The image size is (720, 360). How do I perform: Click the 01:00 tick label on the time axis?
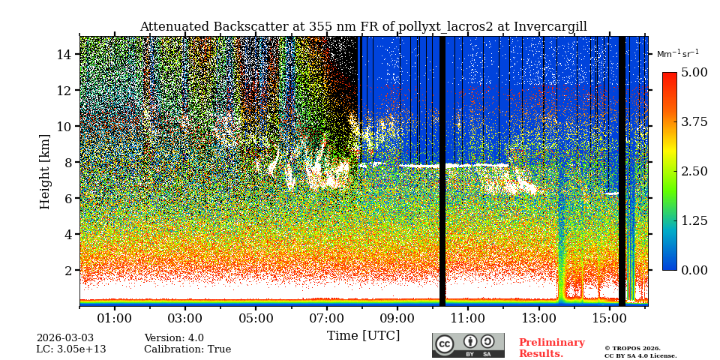pos(115,318)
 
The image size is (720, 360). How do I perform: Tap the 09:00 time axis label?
pos(397,318)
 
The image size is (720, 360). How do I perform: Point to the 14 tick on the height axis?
pos(64,54)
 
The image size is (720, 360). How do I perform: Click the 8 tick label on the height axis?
pos(67,162)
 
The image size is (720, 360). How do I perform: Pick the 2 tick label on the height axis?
pos(67,270)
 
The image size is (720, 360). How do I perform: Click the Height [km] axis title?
pos(45,171)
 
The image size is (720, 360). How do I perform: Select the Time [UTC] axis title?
pos(363,335)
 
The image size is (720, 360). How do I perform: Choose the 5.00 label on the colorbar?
pos(694,72)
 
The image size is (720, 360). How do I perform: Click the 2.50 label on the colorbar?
pos(694,171)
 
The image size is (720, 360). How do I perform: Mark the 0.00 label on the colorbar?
pos(694,270)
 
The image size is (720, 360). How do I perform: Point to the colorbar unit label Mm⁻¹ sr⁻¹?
pos(677,53)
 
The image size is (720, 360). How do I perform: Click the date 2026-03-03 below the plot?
pos(65,338)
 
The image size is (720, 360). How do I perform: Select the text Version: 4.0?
pos(174,338)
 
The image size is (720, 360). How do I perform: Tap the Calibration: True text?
pos(187,349)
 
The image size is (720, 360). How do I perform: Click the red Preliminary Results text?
pos(551,348)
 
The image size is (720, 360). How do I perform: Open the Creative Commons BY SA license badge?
pos(468,345)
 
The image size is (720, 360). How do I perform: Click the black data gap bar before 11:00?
pos(442,171)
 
